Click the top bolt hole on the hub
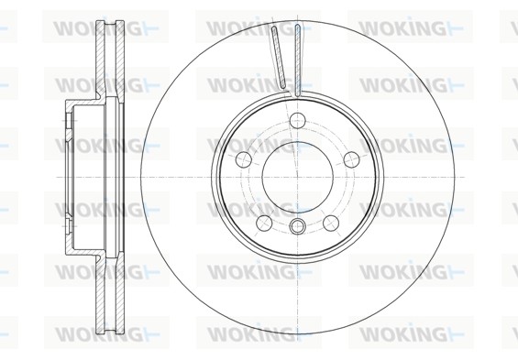(297, 120)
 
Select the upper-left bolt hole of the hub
(244, 159)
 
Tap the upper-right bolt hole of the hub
(351, 159)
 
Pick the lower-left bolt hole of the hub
(264, 224)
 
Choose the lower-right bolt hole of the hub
(331, 224)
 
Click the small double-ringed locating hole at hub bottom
(297, 226)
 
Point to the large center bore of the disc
(298, 177)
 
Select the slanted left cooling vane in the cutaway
(279, 58)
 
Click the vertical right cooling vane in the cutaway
(298, 60)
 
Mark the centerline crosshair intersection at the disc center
(298, 177)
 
